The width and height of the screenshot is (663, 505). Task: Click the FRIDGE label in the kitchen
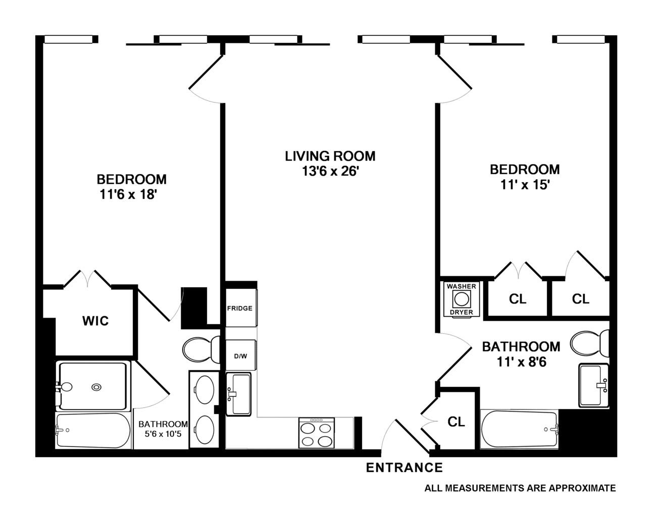coord(239,308)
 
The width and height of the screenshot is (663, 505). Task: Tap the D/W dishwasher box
coord(240,356)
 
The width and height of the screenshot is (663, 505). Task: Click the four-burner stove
coord(317,433)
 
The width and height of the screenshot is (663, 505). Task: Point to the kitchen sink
coord(238,394)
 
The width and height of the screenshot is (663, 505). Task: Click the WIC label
coord(95,321)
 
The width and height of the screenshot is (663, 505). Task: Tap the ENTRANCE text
coord(404,468)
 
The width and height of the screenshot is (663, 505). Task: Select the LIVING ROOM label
coord(330,156)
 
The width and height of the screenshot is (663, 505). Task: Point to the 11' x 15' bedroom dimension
coord(525,185)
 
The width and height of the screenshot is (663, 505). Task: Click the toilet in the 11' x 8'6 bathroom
coord(589,343)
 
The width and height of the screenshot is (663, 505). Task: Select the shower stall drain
coord(96,387)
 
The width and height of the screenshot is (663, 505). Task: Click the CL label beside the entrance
coord(456,422)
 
